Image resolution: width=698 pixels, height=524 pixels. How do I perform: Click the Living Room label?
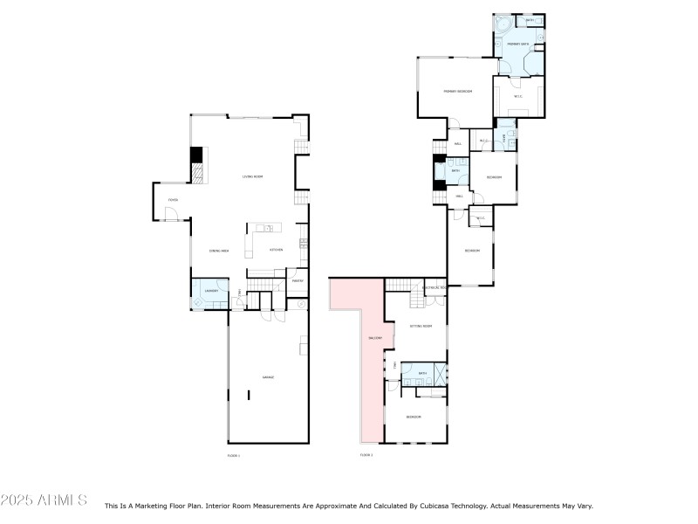click(253, 177)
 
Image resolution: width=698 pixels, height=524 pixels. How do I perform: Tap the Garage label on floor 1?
click(268, 377)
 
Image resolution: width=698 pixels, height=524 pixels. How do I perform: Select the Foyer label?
click(173, 200)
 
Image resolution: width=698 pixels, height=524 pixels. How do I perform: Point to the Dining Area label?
click(218, 251)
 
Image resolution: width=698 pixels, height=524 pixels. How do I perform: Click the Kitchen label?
click(276, 251)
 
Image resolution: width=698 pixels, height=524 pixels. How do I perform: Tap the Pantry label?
click(297, 281)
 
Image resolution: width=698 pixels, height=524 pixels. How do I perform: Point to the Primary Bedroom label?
click(457, 91)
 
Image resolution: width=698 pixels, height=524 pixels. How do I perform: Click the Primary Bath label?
click(518, 44)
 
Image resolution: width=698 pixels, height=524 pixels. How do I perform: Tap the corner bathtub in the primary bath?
click(503, 24)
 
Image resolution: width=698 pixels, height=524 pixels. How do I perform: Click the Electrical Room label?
click(434, 287)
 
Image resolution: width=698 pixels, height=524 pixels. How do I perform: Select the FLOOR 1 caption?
click(233, 455)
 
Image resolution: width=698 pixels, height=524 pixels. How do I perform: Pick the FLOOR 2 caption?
click(366, 455)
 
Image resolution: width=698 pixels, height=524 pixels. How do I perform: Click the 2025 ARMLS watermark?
click(44, 500)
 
